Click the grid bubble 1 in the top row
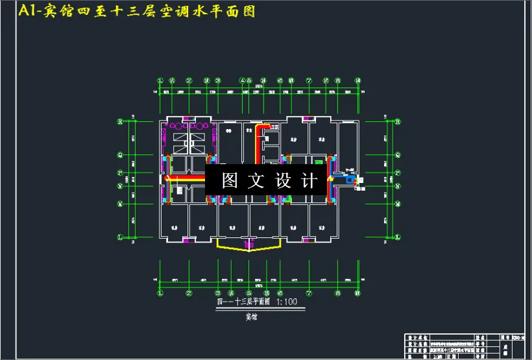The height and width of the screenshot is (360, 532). (x=160, y=80)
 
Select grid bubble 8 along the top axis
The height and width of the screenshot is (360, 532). (x=338, y=80)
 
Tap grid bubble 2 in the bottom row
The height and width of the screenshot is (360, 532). (x=189, y=293)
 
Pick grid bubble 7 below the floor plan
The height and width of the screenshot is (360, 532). (x=309, y=293)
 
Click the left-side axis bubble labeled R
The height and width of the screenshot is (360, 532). (x=119, y=121)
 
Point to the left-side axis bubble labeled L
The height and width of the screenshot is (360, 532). (x=119, y=237)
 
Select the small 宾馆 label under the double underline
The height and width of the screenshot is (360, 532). (x=250, y=317)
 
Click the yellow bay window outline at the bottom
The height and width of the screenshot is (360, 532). (x=249, y=247)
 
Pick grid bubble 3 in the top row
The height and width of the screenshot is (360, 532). (x=218, y=80)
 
